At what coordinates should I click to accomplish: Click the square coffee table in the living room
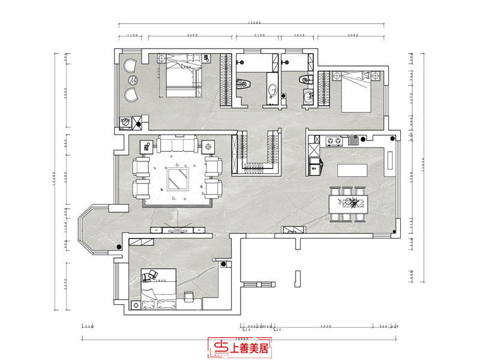point(178,178)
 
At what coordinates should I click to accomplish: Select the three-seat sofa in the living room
point(177,145)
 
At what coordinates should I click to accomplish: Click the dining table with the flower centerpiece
point(347,203)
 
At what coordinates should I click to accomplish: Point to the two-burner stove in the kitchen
point(333,142)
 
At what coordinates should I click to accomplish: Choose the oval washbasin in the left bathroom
point(273,90)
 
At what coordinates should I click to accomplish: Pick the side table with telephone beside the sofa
point(146,146)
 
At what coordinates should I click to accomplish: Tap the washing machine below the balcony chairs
point(125,122)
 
